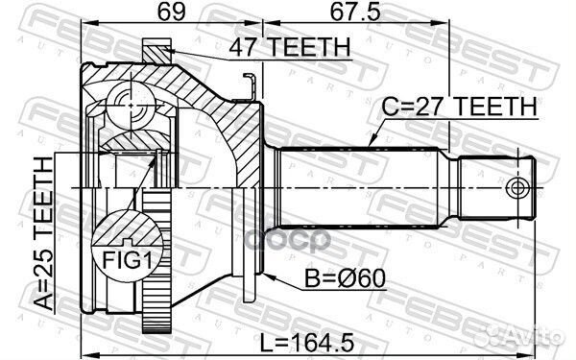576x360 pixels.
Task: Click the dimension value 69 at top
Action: [172, 12]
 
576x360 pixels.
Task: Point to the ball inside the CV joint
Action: [125, 101]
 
